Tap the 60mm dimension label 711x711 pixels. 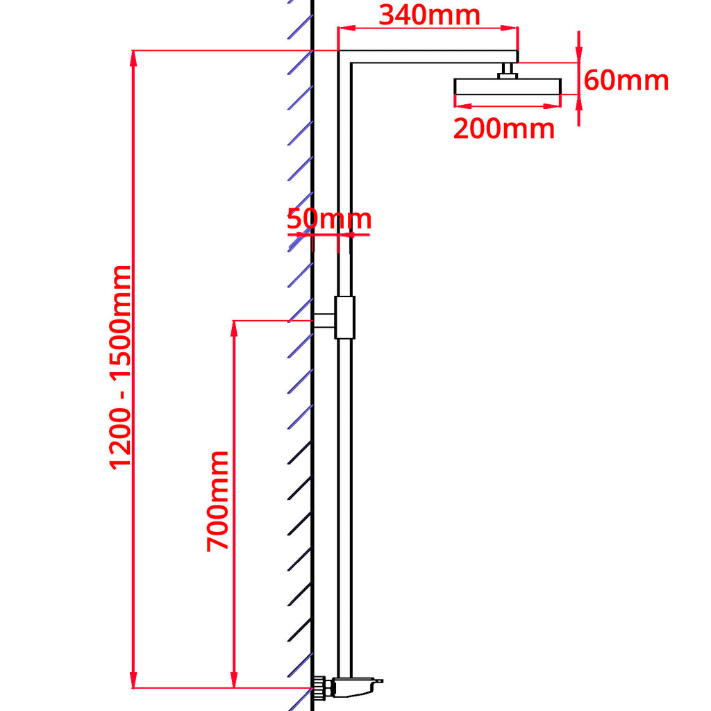626,81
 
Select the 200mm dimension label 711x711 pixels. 504,128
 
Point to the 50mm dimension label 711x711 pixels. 329,219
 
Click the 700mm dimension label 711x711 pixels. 218,500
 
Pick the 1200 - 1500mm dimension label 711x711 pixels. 120,367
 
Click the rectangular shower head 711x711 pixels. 508,86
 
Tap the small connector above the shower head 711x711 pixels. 508,70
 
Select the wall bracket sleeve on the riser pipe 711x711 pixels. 344,317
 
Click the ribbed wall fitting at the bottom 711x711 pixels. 320,688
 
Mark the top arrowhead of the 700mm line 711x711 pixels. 235,327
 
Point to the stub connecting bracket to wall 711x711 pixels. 324,320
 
